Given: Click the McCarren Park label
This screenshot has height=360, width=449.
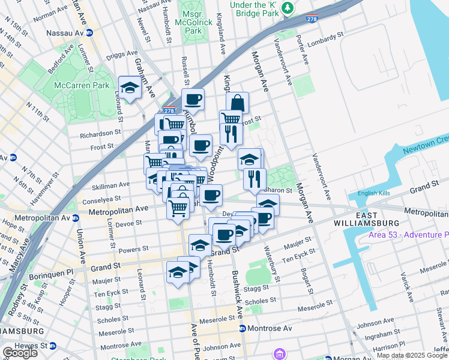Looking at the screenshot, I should [82, 85].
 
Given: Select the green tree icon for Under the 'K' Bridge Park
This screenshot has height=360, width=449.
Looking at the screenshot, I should [289, 7].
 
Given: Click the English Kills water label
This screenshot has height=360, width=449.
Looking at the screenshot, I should [374, 193].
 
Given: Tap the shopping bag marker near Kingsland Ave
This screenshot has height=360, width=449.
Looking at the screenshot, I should [237, 103].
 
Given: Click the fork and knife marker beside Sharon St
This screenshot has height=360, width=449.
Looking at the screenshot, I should [255, 178].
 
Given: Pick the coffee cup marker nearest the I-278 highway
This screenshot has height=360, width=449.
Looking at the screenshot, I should [193, 99].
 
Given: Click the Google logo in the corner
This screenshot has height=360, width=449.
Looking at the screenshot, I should [19, 353].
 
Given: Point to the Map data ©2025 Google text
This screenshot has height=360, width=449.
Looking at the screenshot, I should [412, 355].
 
